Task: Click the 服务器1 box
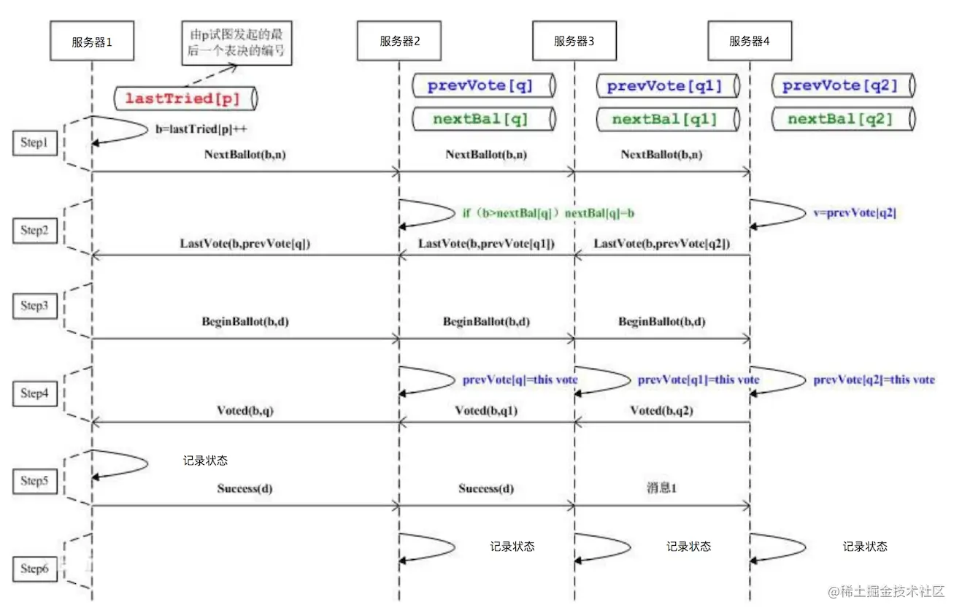92,42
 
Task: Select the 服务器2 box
399,42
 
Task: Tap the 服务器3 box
574,42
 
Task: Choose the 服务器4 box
750,42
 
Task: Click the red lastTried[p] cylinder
187,98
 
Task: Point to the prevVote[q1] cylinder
663,86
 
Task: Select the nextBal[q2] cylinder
840,119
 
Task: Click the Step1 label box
34,144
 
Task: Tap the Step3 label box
34,306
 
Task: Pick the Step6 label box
34,569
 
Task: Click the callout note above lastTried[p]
237,43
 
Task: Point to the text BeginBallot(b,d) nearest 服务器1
245,321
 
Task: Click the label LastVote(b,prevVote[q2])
662,243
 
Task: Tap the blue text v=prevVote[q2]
854,213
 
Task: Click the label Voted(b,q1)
486,411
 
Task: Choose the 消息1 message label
661,488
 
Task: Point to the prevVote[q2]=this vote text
874,380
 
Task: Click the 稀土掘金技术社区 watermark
886,591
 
